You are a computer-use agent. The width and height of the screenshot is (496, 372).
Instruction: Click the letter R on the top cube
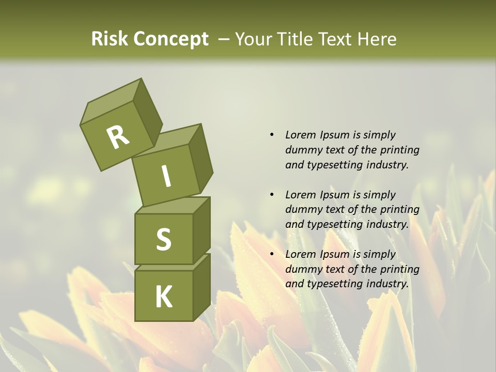click(x=118, y=137)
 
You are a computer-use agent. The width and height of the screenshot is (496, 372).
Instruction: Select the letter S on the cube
click(x=163, y=239)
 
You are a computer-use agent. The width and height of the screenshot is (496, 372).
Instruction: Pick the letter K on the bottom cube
click(x=163, y=297)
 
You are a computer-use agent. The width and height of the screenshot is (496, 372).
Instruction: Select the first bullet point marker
click(x=272, y=135)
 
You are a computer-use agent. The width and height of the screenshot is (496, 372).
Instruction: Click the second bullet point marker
click(x=272, y=195)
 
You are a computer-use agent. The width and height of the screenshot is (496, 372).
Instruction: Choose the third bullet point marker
click(x=272, y=254)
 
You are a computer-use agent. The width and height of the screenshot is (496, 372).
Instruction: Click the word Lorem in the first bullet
click(x=300, y=135)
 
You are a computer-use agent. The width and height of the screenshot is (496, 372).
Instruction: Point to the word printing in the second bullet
click(x=399, y=209)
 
